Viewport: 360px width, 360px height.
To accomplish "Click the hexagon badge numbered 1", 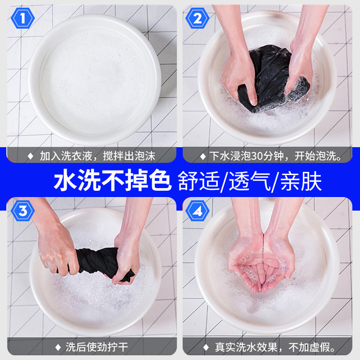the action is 23,18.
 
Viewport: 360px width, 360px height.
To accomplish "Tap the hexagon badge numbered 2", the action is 197,18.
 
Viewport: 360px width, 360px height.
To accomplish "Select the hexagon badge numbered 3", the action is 23,211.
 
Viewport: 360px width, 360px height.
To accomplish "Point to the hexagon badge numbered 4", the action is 197,211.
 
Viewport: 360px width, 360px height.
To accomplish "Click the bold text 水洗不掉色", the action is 112,180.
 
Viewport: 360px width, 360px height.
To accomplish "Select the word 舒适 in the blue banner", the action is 199,181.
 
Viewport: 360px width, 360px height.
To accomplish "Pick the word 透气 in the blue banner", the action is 250,181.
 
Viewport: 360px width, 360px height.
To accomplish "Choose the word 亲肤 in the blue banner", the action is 301,181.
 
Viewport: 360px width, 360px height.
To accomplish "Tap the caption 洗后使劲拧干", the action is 97,347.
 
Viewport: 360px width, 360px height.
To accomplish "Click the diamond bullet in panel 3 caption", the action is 58,347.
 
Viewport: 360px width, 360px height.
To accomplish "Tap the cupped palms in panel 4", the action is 262,264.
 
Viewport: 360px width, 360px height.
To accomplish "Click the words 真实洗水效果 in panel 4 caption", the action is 246,347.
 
